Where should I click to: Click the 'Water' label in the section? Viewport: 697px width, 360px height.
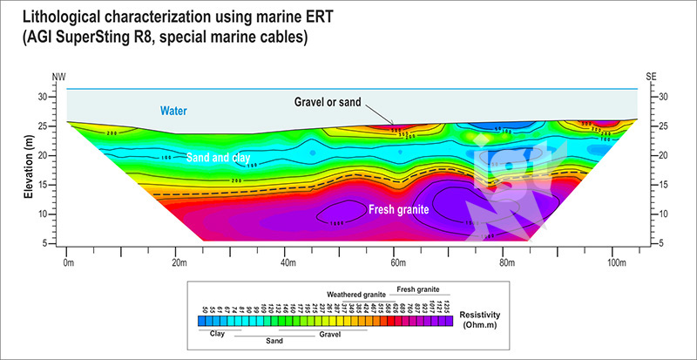click(x=174, y=111)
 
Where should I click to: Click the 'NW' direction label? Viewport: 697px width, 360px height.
click(x=58, y=78)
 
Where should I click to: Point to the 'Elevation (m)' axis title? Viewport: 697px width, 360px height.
click(x=29, y=166)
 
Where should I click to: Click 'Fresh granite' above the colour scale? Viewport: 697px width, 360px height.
click(x=418, y=287)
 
